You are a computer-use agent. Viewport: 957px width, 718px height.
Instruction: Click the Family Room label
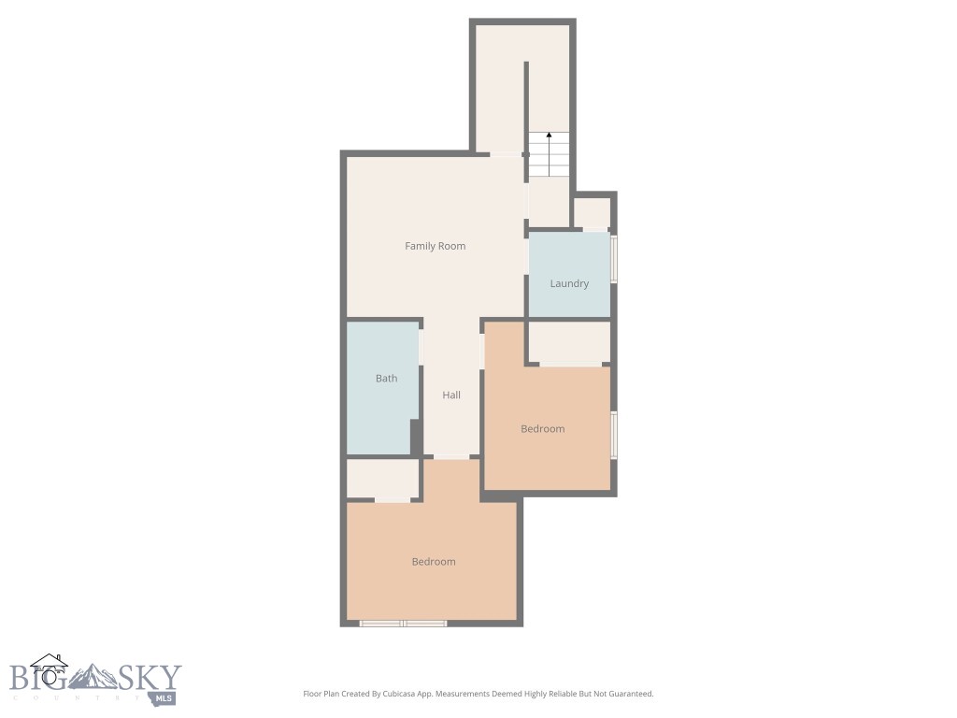pos(435,246)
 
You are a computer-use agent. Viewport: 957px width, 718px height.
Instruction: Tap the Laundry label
pos(569,283)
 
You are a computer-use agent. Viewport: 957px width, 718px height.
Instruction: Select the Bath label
pos(386,379)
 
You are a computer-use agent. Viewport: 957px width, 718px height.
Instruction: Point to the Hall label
pos(451,395)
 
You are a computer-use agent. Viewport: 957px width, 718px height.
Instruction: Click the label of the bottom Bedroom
pos(434,562)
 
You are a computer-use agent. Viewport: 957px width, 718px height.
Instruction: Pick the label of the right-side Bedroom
pos(542,429)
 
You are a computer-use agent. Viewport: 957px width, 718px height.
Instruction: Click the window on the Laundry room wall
pos(614,258)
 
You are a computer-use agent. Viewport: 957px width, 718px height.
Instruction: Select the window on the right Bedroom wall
pos(614,434)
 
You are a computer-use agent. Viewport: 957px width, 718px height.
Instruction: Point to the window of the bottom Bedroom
pos(404,623)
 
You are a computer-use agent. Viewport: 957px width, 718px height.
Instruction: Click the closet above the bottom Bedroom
pos(382,479)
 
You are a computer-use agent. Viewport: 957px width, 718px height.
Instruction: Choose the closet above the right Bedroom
pos(569,343)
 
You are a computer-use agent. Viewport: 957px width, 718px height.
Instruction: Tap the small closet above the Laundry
pos(592,213)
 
